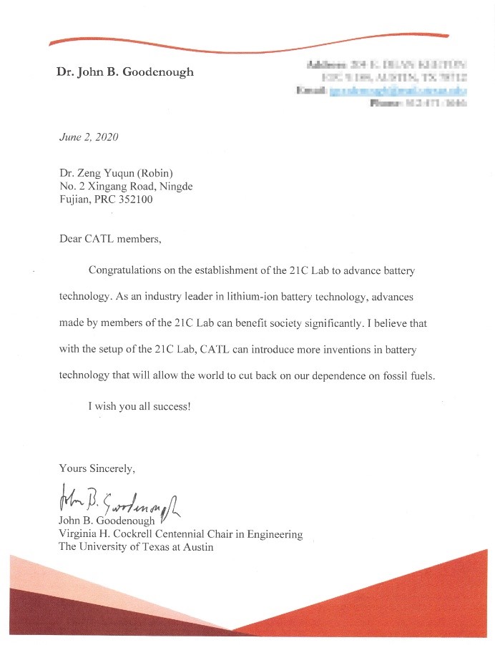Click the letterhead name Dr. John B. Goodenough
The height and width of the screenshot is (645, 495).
tap(124, 72)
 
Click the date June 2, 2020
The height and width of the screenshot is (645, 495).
tap(89, 137)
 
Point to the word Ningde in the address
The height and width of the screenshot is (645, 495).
tap(175, 186)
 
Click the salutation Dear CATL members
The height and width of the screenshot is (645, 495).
tap(110, 239)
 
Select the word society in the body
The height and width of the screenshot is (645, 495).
tap(295, 323)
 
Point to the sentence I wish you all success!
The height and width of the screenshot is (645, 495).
tap(139, 406)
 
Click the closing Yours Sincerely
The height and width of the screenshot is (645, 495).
tap(97, 468)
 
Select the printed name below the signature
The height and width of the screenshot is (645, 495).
tap(107, 521)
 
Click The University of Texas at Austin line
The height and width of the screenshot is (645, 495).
tap(136, 548)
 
